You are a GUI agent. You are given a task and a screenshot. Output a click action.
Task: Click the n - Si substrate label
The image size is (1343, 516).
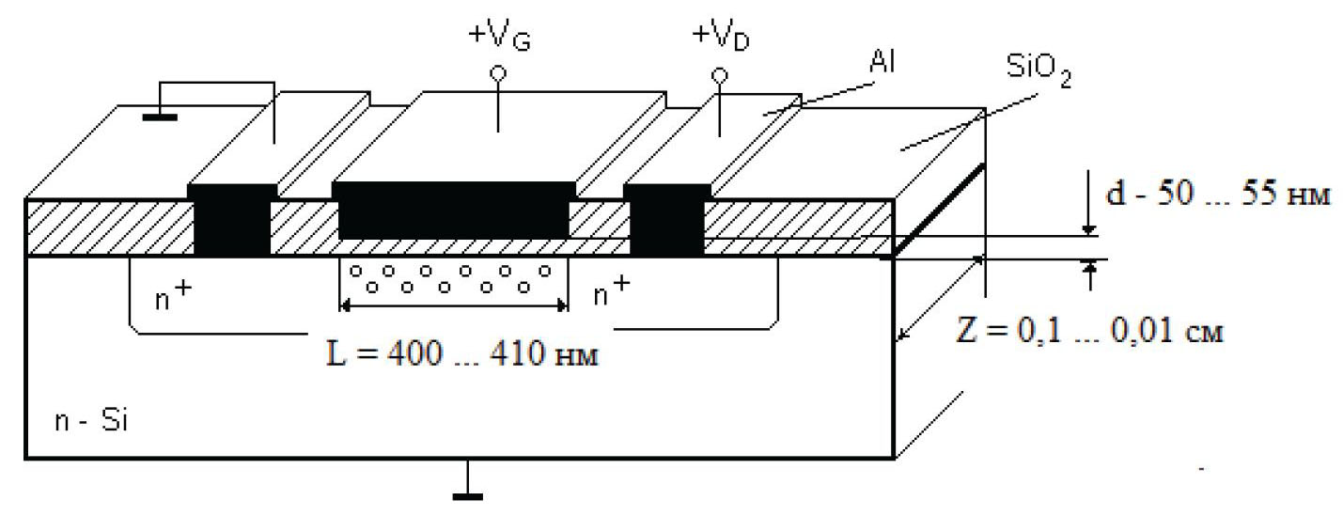point(89,421)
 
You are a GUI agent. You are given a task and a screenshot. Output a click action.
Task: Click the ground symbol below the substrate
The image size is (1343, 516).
point(467,490)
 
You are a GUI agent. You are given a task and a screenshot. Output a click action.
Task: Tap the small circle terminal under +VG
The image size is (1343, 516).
point(498,72)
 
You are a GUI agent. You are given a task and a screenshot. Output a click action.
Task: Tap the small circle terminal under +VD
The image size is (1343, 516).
point(720,74)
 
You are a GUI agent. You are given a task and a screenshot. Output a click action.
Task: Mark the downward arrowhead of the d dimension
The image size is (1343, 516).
point(1087,228)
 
